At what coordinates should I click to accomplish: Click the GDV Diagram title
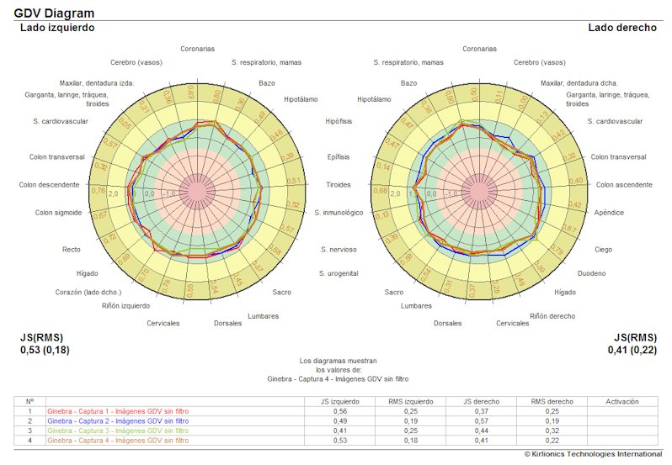click(x=54, y=13)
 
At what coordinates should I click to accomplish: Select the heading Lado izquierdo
click(x=57, y=28)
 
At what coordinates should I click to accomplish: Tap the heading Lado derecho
click(x=621, y=28)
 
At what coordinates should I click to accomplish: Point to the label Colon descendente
click(x=50, y=185)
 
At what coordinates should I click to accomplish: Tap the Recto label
click(x=72, y=250)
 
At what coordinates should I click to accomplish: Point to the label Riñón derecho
click(x=552, y=316)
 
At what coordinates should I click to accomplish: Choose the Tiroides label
click(x=339, y=185)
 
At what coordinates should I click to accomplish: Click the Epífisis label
click(x=338, y=157)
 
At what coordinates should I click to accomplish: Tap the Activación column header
click(x=622, y=402)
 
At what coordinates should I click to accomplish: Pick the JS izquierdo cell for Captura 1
click(x=339, y=412)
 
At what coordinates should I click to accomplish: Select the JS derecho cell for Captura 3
click(x=480, y=431)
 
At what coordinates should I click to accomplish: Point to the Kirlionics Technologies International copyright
click(x=593, y=454)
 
